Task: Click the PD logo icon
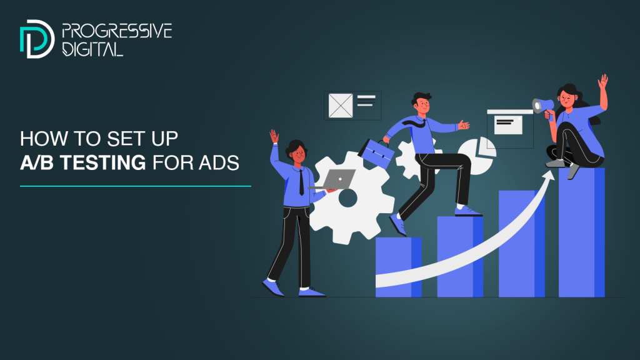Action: (x=37, y=39)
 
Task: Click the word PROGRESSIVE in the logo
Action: (x=117, y=31)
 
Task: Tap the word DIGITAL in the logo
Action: (x=92, y=49)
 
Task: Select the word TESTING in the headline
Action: (x=103, y=162)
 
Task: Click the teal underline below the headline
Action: (x=136, y=186)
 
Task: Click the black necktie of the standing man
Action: (x=301, y=182)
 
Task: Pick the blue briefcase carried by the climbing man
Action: (x=376, y=152)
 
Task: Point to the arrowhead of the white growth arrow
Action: (x=548, y=176)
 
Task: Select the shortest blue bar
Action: (x=398, y=267)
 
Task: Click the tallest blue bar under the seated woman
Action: (x=582, y=232)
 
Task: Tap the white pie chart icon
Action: (x=477, y=156)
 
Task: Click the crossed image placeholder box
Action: (x=341, y=106)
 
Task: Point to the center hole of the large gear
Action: (x=348, y=198)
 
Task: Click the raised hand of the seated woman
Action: (x=603, y=81)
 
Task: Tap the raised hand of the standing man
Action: (x=274, y=136)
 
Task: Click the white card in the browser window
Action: (x=508, y=125)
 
